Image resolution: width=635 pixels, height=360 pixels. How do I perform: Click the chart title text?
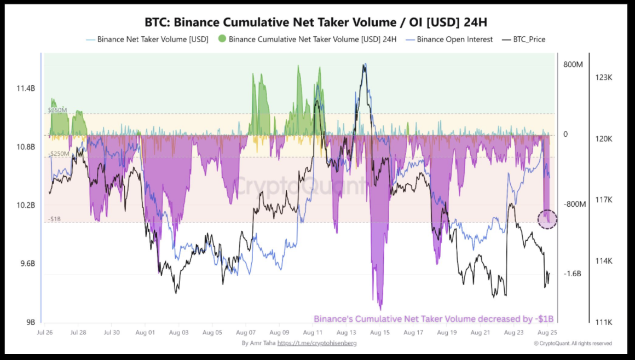tap(315, 22)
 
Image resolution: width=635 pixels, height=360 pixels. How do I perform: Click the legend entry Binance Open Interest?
tap(454, 39)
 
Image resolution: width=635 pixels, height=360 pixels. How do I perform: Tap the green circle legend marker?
tap(222, 39)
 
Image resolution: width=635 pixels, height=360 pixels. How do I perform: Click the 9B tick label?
tap(30, 322)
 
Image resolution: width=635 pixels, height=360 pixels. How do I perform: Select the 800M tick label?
tap(574, 65)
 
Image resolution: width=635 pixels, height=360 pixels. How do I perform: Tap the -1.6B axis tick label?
tap(574, 274)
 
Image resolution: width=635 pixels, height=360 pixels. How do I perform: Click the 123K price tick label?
tap(603, 78)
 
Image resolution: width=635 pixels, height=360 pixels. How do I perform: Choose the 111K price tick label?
tap(603, 322)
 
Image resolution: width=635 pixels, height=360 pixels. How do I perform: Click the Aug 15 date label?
tap(379, 333)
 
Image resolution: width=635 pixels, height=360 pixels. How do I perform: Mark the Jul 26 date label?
tap(45, 333)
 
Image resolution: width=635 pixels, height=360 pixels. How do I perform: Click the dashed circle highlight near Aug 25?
tap(547, 219)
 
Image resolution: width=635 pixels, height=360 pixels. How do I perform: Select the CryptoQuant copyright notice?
tap(573, 344)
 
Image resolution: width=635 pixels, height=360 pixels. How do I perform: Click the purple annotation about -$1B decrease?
tap(434, 319)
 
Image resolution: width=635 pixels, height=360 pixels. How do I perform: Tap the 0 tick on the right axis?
tap(565, 134)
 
